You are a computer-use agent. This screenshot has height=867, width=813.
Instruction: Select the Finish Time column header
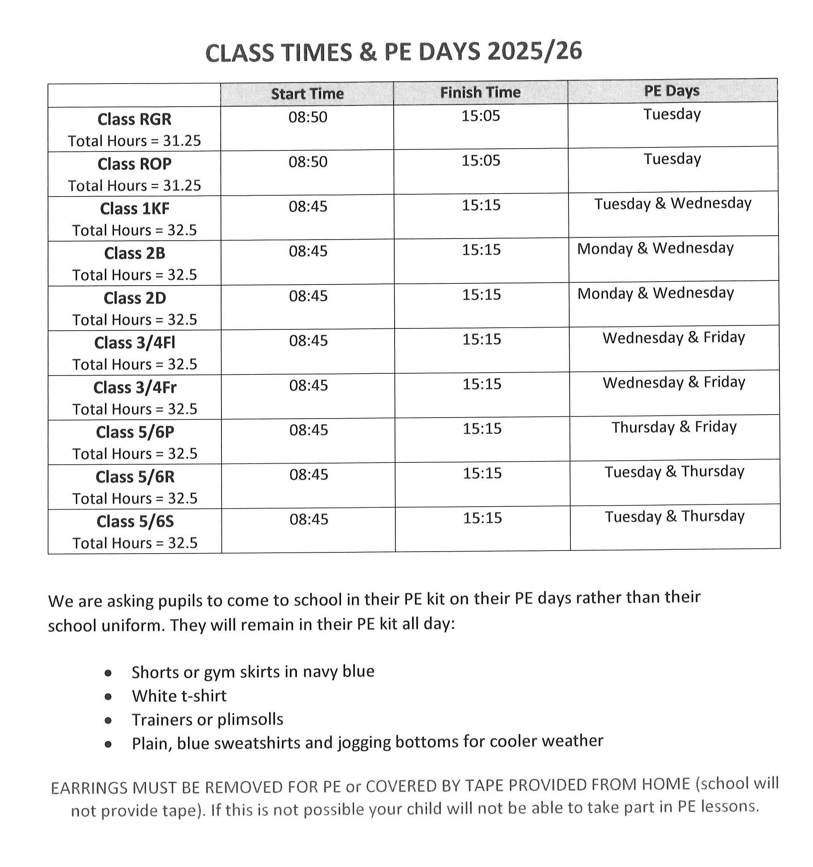(480, 92)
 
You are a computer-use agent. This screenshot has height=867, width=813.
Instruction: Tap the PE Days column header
(671, 91)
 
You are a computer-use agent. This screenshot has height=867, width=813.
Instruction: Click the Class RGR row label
(135, 119)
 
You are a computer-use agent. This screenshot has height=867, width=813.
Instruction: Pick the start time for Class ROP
(308, 162)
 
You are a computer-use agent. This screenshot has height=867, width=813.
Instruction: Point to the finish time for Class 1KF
(481, 205)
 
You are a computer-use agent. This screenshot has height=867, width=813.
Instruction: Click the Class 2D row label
(135, 298)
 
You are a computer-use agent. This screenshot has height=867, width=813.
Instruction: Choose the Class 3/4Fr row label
(135, 387)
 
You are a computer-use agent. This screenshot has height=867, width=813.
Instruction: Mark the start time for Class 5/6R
(308, 474)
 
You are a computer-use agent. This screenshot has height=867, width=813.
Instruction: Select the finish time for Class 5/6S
(482, 518)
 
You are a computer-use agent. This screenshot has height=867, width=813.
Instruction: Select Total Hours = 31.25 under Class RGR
(135, 141)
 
